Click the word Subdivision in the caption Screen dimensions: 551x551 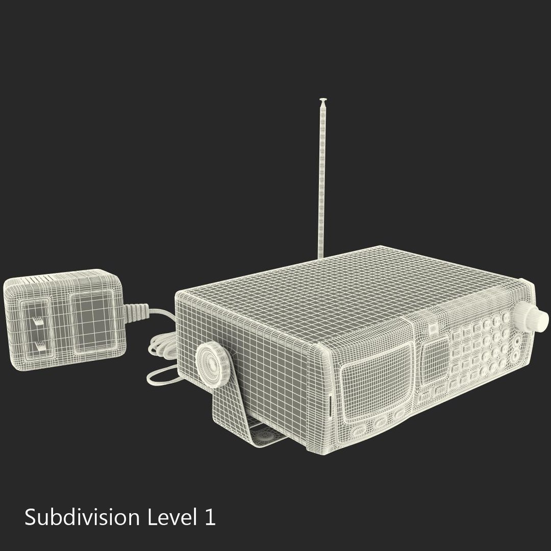[x=82, y=517]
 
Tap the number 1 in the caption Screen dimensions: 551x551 [x=209, y=517]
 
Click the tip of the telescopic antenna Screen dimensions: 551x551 [x=322, y=100]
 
